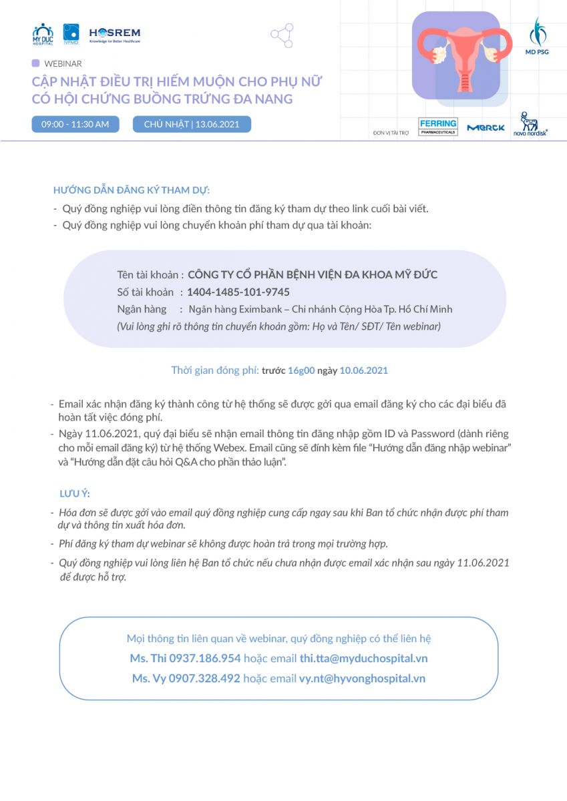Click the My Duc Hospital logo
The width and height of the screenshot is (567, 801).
tap(43, 33)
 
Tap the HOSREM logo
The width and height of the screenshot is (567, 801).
tap(115, 34)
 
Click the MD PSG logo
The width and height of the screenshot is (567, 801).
tap(537, 36)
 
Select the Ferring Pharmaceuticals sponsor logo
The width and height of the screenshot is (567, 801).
tap(438, 127)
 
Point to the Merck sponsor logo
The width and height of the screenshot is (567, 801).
tap(486, 127)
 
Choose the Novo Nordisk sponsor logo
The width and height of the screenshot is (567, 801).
tap(530, 125)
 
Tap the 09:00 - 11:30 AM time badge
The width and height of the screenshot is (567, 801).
tap(75, 124)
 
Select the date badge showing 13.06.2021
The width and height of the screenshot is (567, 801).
tap(192, 124)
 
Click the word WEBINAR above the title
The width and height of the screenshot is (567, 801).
tap(63, 64)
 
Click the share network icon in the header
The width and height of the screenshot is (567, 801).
tap(282, 35)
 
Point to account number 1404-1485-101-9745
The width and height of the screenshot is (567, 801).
tap(238, 292)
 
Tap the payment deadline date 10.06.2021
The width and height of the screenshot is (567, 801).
tap(364, 370)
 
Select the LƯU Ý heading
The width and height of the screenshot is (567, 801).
tap(75, 494)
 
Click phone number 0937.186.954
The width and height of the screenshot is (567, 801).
tap(204, 658)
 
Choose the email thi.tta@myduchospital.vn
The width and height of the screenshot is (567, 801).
tap(363, 658)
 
